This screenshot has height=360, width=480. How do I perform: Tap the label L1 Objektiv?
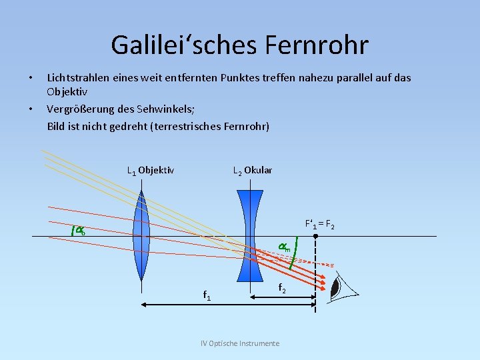(151, 170)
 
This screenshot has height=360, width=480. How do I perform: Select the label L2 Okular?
(253, 170)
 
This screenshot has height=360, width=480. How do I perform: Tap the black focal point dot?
(315, 236)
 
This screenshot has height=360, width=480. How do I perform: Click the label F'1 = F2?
(319, 224)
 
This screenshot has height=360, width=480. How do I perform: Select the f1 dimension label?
(207, 295)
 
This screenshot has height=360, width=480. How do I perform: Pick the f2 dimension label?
(282, 288)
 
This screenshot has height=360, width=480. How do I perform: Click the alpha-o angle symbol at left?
(79, 231)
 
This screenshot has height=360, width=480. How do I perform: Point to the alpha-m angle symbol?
(284, 247)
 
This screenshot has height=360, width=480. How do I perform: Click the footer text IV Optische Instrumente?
(240, 343)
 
